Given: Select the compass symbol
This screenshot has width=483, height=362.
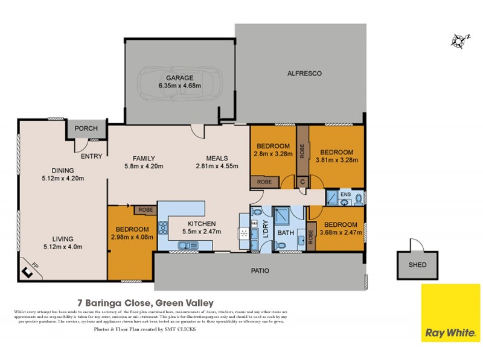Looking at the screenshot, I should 459,40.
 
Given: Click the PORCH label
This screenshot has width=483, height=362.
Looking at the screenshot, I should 86,129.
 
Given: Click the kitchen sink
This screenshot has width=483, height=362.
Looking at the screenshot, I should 187,245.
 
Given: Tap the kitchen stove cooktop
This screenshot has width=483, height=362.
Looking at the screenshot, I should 162,229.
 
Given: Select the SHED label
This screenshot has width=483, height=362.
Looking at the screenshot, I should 417,264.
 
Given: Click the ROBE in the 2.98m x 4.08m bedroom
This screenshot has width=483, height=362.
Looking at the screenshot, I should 145,210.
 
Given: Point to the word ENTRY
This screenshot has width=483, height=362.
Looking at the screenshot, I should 91,156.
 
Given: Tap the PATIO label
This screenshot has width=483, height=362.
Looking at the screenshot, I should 260,270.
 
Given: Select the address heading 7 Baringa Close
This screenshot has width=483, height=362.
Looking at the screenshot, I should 145,302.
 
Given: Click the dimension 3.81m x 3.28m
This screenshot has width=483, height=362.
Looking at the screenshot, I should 337,160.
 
